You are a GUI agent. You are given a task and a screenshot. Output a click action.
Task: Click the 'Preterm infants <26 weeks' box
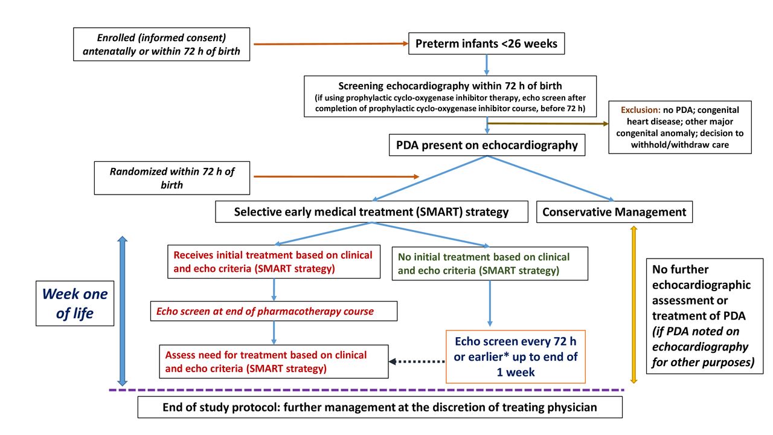[486, 43]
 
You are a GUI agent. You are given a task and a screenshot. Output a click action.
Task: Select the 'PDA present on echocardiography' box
[487, 145]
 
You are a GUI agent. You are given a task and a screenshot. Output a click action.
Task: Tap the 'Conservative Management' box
[614, 211]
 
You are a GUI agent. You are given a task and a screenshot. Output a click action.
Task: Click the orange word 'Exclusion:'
[640, 110]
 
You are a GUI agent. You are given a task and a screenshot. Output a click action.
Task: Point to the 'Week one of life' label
[75, 303]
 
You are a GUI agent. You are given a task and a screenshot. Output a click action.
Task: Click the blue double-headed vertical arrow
[123, 311]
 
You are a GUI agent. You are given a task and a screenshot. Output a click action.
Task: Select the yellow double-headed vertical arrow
[633, 304]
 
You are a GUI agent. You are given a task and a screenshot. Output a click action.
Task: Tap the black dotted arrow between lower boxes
[417, 361]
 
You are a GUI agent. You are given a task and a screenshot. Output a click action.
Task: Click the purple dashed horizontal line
[367, 390]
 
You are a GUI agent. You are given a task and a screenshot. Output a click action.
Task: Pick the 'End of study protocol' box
[380, 407]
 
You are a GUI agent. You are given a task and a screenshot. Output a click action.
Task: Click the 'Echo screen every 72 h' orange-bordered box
[516, 356]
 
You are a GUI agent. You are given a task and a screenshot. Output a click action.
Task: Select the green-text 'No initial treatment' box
[490, 263]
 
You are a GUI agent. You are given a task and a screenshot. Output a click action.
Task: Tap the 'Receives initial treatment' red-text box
[274, 262]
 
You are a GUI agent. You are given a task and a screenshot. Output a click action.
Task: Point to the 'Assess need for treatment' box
[274, 361]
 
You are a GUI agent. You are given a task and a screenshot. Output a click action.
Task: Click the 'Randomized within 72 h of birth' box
[172, 178]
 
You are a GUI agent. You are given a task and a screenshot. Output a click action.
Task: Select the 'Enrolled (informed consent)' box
[161, 44]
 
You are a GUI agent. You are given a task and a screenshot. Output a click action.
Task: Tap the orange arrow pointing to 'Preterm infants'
[331, 44]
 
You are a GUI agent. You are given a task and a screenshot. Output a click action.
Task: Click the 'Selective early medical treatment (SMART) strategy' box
[371, 211]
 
